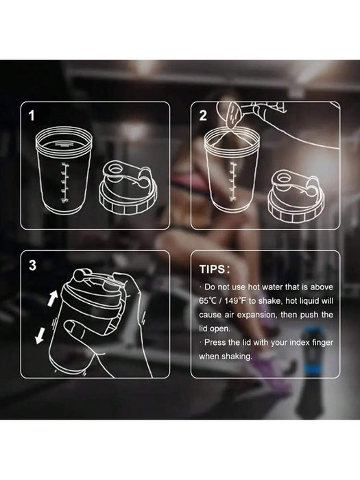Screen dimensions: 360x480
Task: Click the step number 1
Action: (32, 116)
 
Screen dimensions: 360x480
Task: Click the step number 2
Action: (203, 116)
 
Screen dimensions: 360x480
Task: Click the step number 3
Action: (32, 265)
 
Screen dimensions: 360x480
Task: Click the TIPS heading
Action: (214, 269)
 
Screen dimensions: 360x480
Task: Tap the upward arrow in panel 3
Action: (53, 298)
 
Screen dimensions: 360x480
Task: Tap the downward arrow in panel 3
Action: (40, 336)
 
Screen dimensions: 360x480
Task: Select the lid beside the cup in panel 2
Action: (296, 196)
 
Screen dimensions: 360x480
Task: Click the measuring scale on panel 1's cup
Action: (64, 183)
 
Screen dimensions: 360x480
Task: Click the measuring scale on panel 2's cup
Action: (233, 182)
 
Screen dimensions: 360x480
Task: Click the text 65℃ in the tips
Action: (208, 301)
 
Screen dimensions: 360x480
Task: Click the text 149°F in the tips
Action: (235, 301)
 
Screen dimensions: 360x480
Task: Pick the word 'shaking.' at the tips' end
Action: (237, 357)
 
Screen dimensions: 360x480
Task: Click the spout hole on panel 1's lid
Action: (115, 169)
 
